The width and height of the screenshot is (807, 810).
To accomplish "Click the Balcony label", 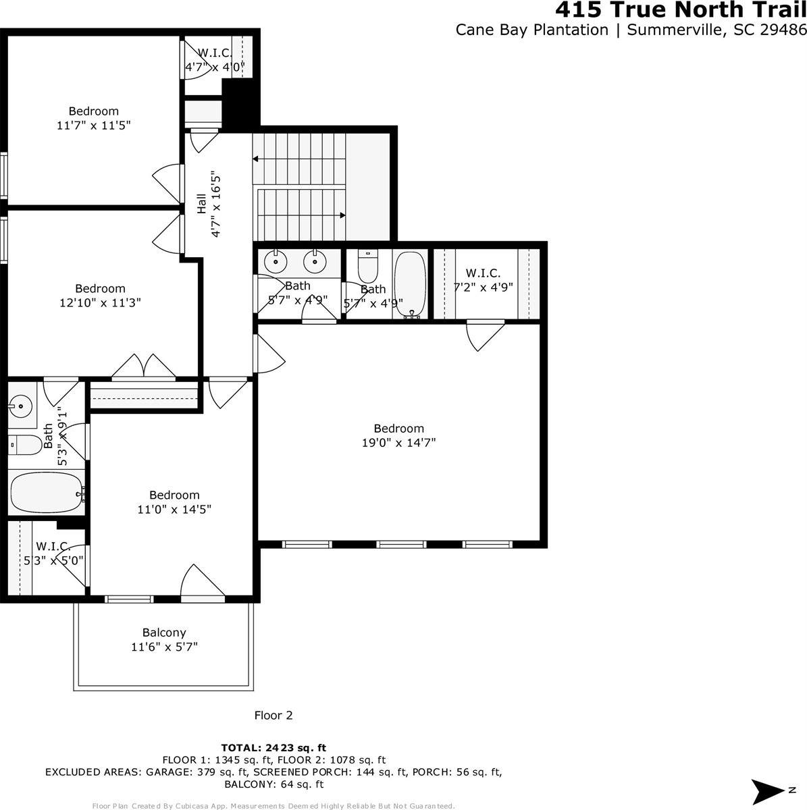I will [x=164, y=632].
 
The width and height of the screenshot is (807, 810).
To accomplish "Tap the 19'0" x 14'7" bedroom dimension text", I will [x=398, y=443].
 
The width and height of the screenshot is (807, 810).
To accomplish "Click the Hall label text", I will [x=201, y=204].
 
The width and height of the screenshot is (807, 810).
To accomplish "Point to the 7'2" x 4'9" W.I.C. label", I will [x=483, y=280].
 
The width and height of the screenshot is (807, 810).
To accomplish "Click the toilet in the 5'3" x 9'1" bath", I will [x=25, y=446].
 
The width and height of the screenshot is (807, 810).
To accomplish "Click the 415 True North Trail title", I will [x=680, y=11].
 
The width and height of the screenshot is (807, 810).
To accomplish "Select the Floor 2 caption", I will [x=274, y=715].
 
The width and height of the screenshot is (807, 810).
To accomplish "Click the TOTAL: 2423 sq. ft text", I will [x=274, y=747].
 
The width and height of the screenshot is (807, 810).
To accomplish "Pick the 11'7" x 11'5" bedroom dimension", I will [x=93, y=125].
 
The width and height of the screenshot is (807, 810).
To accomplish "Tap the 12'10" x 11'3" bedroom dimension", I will [x=100, y=303].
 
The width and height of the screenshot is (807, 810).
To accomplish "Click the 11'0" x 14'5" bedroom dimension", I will [x=174, y=510].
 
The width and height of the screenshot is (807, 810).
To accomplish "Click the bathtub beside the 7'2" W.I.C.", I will [x=410, y=283].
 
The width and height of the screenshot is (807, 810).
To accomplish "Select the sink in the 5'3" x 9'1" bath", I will [x=22, y=406].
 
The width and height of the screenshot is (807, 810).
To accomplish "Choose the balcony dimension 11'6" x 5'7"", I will [x=164, y=647].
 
